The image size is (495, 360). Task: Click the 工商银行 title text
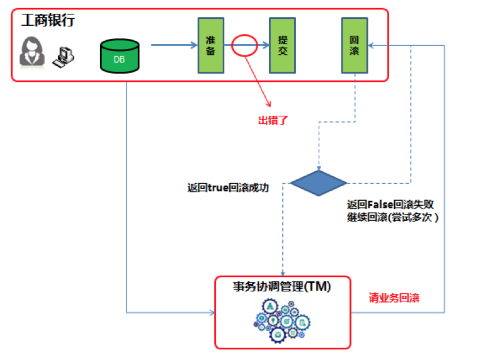pos(48,21)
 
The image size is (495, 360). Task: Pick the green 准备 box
pos(210,45)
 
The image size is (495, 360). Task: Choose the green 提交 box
pos(282,45)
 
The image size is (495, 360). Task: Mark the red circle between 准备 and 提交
pos(244,45)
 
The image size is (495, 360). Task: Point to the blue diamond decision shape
pos(319,183)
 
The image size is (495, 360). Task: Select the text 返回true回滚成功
pos(228,187)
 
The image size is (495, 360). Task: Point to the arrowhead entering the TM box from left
pos(211,312)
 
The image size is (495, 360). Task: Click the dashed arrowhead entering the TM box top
pos(282,272)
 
